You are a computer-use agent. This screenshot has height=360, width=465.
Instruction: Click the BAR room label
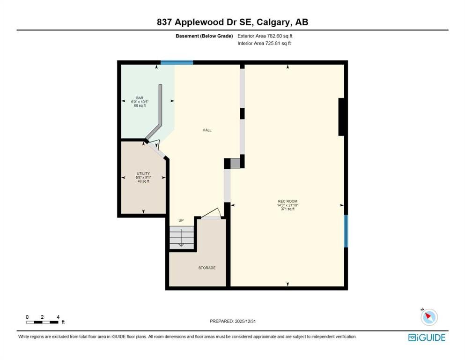coord(140,98)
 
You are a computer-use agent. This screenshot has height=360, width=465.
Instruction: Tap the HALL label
coord(207,130)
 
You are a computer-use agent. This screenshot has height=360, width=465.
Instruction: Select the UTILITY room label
coord(143,173)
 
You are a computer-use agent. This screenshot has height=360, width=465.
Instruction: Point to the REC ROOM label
coord(288,201)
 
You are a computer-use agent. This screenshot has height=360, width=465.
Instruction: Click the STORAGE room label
coord(207,268)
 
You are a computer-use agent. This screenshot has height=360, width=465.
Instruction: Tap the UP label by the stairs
coord(181,220)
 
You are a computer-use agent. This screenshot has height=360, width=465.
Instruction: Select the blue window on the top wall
coord(177,62)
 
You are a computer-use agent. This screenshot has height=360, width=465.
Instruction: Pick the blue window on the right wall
coord(346,231)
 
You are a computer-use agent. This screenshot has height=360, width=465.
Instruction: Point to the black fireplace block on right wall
coord(341,117)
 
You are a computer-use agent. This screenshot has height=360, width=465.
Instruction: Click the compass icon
coord(429,317)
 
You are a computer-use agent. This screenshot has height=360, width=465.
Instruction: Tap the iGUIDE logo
coord(427,338)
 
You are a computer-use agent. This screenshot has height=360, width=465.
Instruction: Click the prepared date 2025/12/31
coord(245,321)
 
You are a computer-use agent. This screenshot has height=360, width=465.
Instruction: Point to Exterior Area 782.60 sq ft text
coord(265,36)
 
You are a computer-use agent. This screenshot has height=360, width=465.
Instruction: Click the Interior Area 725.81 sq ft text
coord(264,43)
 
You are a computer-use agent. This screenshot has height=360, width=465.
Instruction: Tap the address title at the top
coord(232,22)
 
